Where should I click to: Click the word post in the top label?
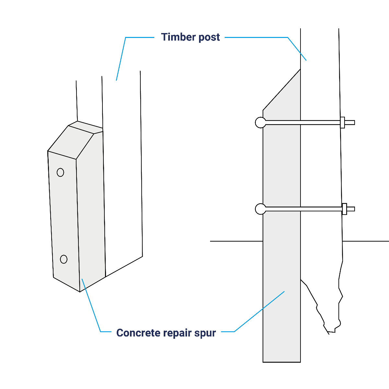[x=209, y=37]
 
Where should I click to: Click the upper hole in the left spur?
[x=60, y=172]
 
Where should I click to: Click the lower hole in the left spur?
[x=64, y=259]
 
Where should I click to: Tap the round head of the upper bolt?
[x=260, y=123]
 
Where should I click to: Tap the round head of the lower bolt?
[x=260, y=209]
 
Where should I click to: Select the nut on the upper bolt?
[x=342, y=123]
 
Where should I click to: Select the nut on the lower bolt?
[x=344, y=209]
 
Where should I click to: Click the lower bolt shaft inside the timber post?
[x=321, y=209]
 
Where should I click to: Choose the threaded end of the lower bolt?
[x=351, y=209]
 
